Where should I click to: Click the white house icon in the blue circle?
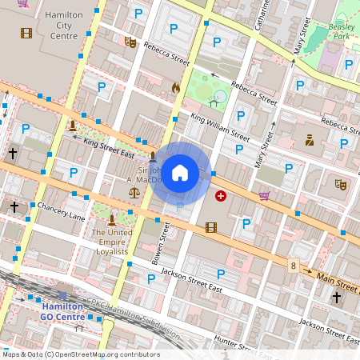(x=180, y=173)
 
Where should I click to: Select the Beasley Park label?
(x=342, y=31)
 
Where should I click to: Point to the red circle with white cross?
(x=221, y=195)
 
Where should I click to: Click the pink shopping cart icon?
(x=264, y=195)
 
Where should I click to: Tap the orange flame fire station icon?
(x=176, y=87)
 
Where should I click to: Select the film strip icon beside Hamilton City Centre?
(x=27, y=33)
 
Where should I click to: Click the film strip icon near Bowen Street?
(x=211, y=227)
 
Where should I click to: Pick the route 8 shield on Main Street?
(x=294, y=266)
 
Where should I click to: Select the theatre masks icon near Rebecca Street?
(x=130, y=42)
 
